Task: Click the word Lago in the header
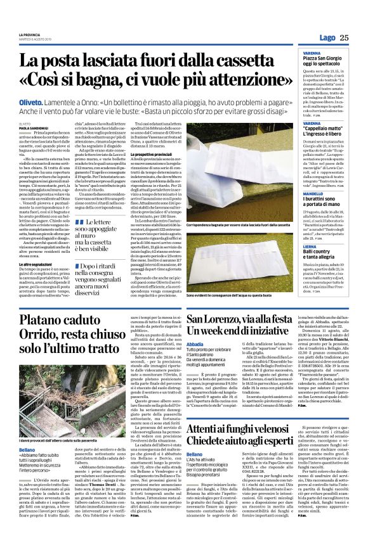click(x=327, y=38)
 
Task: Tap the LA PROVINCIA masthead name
click(x=29, y=34)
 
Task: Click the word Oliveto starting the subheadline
click(x=32, y=102)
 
